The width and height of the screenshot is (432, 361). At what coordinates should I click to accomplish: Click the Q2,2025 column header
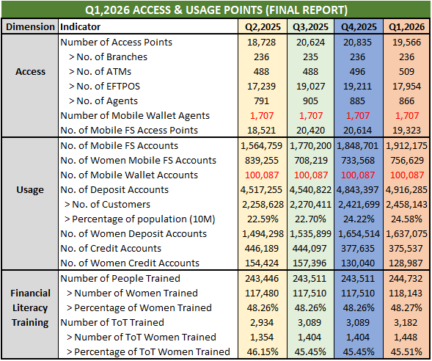tap(263, 26)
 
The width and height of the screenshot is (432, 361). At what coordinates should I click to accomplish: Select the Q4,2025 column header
tap(359, 26)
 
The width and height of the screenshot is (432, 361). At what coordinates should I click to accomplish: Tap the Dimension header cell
tap(30, 26)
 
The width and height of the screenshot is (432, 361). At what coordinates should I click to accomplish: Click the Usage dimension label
tap(30, 190)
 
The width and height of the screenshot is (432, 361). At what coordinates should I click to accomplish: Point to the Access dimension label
tap(30, 72)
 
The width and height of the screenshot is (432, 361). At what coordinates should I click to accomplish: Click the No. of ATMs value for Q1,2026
tap(406, 72)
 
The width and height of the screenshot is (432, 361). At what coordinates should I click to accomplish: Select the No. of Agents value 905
tap(310, 101)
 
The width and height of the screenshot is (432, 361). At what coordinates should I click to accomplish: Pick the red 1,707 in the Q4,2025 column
tap(358, 116)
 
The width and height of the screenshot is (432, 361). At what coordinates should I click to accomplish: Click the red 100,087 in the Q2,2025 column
tap(262, 175)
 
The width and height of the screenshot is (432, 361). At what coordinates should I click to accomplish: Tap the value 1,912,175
tap(406, 146)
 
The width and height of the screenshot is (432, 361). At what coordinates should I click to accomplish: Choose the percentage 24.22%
tap(359, 219)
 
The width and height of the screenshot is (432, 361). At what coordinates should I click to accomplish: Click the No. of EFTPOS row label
tap(105, 87)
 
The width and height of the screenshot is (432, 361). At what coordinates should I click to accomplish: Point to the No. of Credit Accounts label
tap(111, 249)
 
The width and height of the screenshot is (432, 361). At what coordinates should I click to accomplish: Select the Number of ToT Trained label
tap(112, 322)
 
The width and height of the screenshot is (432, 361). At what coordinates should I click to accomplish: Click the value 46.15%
tap(263, 352)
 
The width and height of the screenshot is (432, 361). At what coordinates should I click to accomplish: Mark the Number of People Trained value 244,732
tap(406, 279)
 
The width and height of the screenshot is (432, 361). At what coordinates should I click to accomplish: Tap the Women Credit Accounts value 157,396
tap(310, 263)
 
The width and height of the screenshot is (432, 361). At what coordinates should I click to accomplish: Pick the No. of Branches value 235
tap(310, 57)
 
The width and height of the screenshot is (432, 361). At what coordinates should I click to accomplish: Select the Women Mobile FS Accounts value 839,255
tap(262, 161)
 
